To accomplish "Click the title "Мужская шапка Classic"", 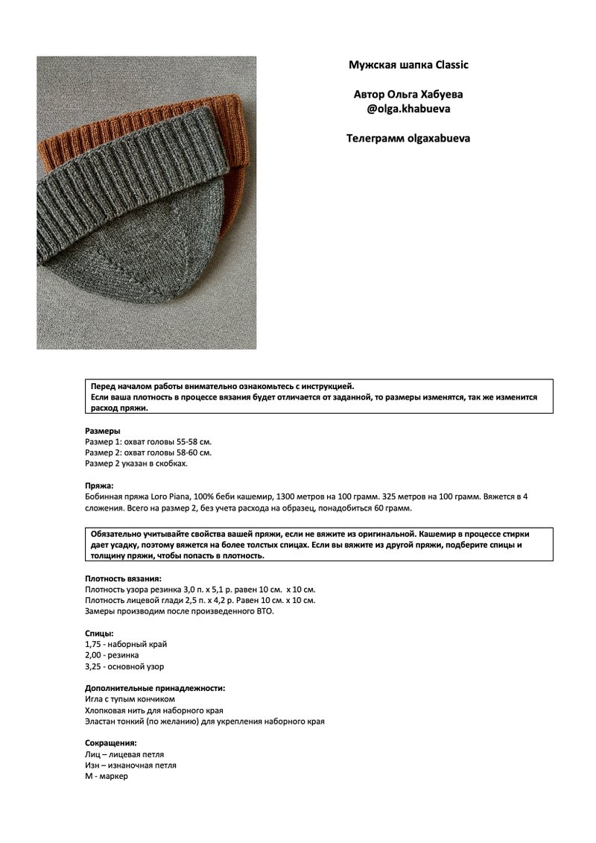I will click(x=408, y=65).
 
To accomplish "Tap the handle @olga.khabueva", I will click(x=408, y=109).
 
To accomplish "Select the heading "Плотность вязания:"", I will click(x=123, y=578).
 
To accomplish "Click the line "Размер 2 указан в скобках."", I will click(x=136, y=463).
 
